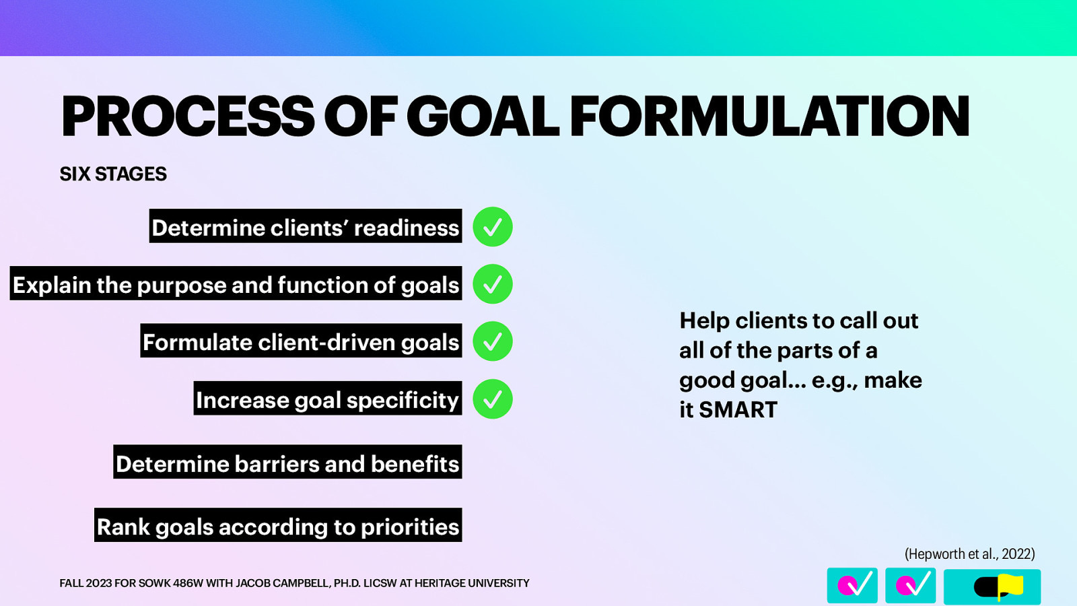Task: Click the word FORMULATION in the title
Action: [x=769, y=116]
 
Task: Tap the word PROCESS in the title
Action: [x=188, y=116]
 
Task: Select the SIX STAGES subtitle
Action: [x=113, y=174]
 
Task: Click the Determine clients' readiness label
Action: [x=306, y=227]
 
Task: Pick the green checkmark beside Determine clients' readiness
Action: [x=493, y=227]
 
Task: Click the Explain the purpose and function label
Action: [x=236, y=284]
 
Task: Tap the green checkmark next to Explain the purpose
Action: [x=493, y=284]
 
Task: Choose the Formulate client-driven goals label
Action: [x=301, y=341]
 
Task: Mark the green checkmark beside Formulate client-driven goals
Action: [x=493, y=341]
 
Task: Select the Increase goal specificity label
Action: [x=328, y=399]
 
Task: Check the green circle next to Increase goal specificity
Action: [x=493, y=399]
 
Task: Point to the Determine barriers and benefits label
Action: [x=287, y=463]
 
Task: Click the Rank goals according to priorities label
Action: [x=278, y=526]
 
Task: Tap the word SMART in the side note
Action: [x=738, y=409]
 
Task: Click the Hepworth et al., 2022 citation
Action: [x=969, y=553]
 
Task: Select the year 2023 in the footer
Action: [x=99, y=583]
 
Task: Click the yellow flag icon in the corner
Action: [x=1010, y=586]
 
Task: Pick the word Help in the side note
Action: [x=704, y=321]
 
